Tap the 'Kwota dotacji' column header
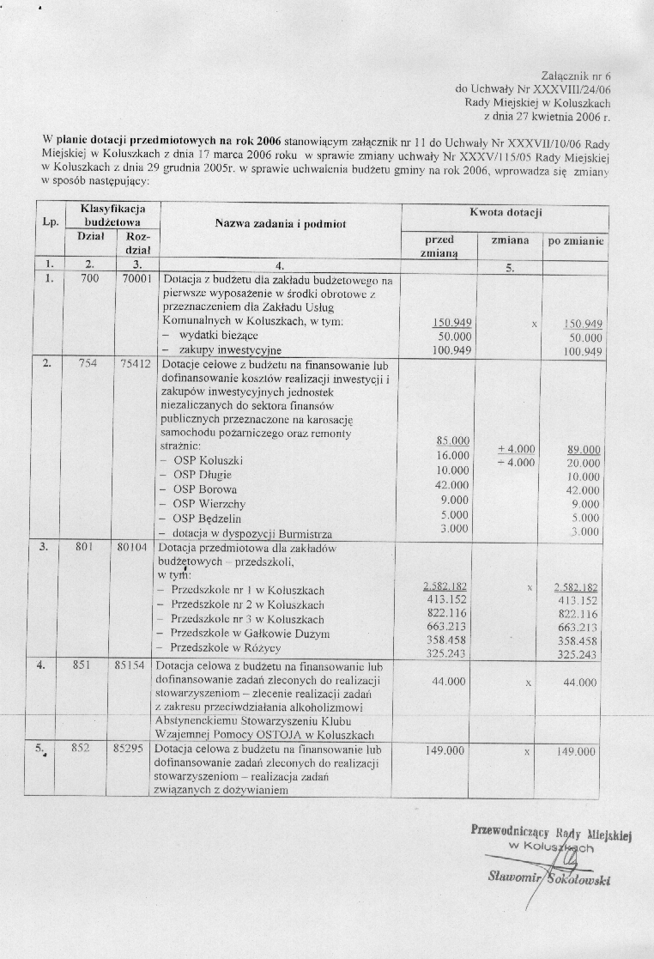click(x=506, y=212)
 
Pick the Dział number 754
click(x=88, y=363)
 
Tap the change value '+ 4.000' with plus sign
click(x=517, y=448)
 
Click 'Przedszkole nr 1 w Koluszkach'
click(x=247, y=590)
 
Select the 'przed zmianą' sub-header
click(x=439, y=247)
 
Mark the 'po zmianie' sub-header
click(x=576, y=242)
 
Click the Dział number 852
click(x=81, y=749)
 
